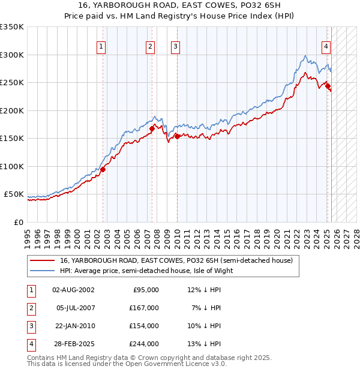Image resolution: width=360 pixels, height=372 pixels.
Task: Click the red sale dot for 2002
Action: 103,169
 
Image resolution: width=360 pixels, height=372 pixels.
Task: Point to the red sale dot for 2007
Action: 152,128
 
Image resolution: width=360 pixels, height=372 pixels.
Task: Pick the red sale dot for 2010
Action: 177,136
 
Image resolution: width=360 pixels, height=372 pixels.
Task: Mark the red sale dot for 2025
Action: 328,86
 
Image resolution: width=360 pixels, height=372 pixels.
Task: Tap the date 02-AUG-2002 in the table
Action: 74,290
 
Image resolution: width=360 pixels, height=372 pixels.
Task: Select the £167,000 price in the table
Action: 145,308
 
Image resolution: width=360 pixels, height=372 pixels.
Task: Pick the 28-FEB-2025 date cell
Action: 74,344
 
